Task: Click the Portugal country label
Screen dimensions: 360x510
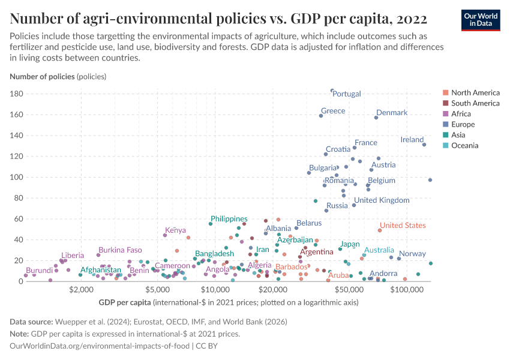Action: [x=347, y=94]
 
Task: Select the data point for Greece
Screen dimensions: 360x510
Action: [x=321, y=116]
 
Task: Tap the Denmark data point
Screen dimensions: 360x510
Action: [x=376, y=118]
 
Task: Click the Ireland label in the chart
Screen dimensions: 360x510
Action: [x=412, y=140]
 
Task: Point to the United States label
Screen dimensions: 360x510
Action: [x=403, y=226]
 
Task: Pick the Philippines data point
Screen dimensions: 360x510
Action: [x=211, y=224]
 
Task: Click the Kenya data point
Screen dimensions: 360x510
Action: [x=165, y=235]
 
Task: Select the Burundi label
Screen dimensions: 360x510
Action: [x=40, y=271]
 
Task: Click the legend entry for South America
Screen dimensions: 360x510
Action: [x=475, y=103]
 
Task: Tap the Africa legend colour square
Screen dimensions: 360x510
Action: [x=445, y=114]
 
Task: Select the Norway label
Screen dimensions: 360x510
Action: [x=412, y=254]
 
